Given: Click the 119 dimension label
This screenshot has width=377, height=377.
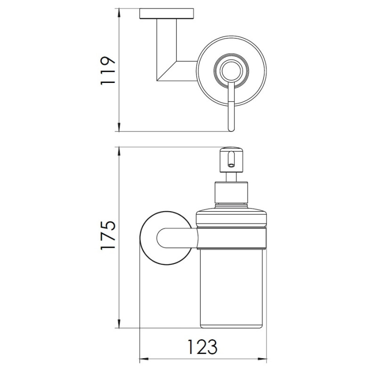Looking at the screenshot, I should pos(107,71).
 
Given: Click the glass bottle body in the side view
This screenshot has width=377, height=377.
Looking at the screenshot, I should pos(231,287).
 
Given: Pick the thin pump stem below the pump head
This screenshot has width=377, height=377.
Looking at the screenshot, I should pos(231,177).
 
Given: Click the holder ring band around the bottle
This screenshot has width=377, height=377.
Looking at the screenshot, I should pos(231,238).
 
